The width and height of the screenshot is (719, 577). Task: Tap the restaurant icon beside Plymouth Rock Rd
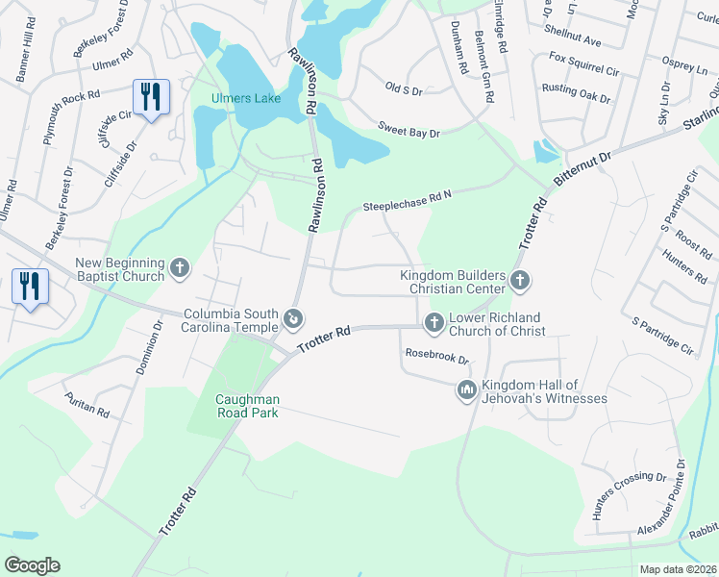point(151,96)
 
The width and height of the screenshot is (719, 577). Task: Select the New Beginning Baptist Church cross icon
point(180,268)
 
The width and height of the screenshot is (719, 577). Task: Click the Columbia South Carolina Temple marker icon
point(295,318)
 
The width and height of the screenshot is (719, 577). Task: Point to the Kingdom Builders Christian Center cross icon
point(520,281)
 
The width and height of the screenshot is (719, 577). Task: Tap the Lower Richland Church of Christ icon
point(434,322)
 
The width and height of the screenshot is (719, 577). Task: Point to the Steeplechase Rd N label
point(407,201)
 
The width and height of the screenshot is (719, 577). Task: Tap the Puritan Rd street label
point(87,404)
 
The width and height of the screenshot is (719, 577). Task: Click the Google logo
point(32,564)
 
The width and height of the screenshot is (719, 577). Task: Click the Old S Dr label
point(404,88)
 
